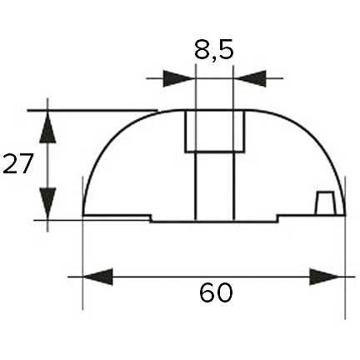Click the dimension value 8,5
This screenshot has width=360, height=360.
point(213,51)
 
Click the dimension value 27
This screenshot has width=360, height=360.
point(17,163)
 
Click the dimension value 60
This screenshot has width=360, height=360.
point(216,292)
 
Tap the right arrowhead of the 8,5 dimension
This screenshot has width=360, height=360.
point(250,78)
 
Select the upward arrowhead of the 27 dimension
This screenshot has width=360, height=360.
point(47,127)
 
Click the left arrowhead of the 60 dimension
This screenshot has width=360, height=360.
point(98,277)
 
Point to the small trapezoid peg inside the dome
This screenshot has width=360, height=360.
point(325,203)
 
